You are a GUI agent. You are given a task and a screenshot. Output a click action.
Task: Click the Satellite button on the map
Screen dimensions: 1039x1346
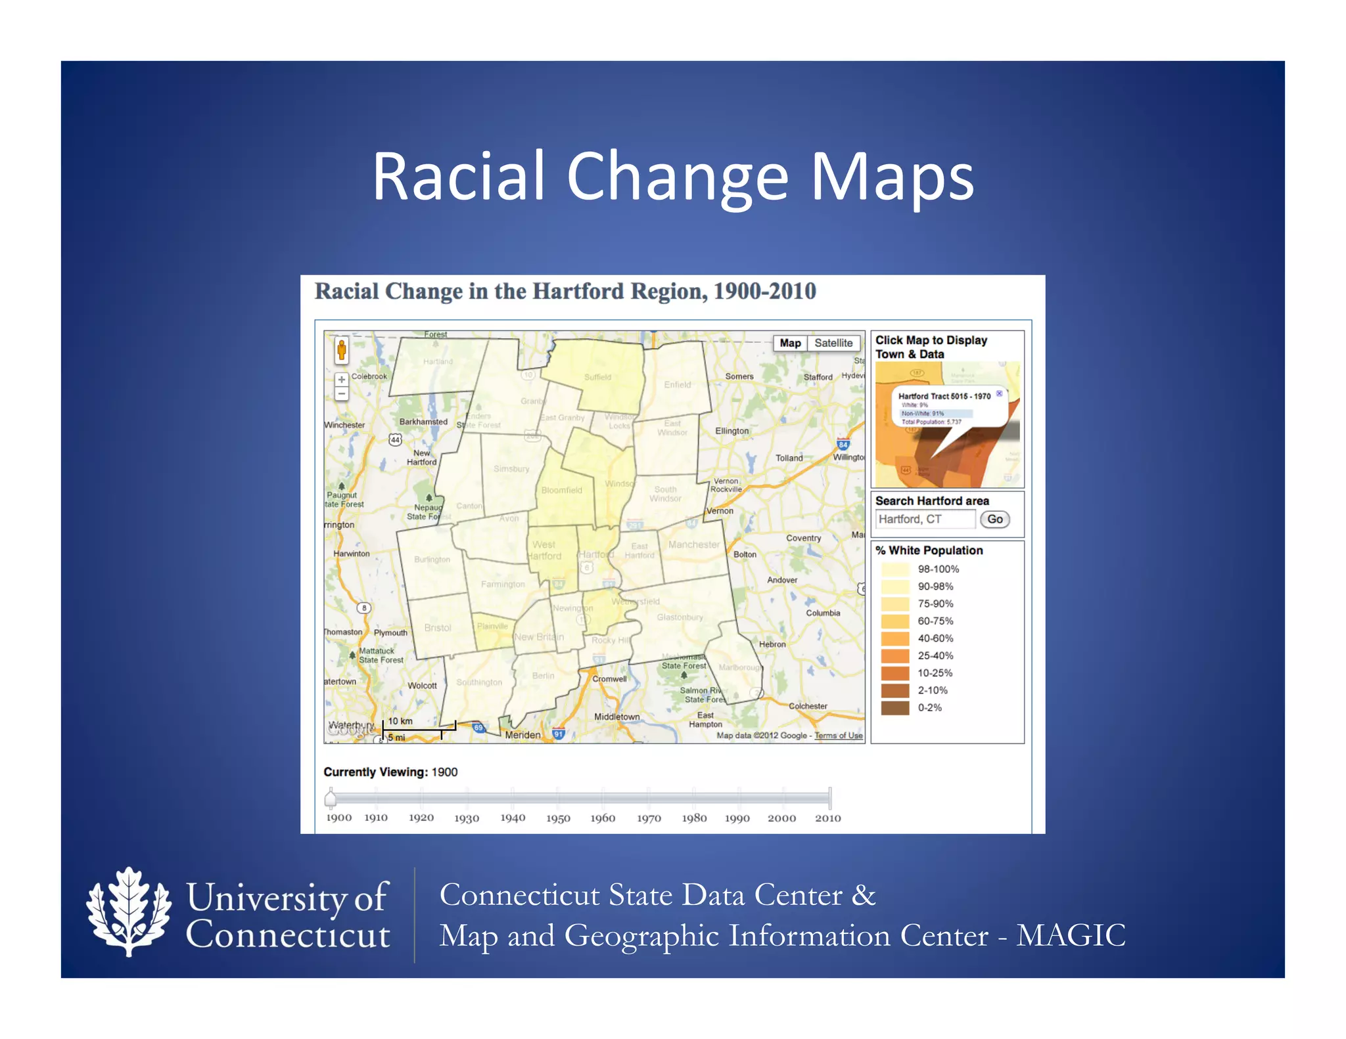(833, 343)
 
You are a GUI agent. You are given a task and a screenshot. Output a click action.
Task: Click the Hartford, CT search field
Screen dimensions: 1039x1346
(925, 519)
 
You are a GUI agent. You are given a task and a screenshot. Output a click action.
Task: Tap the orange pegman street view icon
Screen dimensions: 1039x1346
(341, 351)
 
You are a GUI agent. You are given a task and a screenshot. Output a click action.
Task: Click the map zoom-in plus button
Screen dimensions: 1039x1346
(341, 380)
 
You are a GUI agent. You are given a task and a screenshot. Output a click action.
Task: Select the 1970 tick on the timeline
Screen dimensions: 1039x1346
(649, 818)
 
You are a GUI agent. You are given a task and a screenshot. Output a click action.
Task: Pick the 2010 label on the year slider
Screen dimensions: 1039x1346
(827, 818)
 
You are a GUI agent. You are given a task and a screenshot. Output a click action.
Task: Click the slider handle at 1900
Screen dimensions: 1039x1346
(331, 798)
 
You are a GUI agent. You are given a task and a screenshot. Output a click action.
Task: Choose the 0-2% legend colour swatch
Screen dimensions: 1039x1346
(894, 707)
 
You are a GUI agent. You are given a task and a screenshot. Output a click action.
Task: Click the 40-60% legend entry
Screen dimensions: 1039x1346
(935, 638)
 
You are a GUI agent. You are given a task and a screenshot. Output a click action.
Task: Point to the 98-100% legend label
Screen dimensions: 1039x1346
(938, 569)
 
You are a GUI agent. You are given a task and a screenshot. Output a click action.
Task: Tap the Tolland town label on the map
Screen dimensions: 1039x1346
(789, 458)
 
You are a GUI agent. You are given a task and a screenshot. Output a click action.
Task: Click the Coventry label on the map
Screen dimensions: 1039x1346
(803, 538)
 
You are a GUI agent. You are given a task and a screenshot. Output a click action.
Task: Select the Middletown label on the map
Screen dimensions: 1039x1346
(616, 717)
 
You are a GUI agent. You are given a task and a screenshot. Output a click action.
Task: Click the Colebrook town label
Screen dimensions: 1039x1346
(369, 376)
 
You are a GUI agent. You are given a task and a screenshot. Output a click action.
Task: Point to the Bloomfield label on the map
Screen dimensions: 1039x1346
(561, 490)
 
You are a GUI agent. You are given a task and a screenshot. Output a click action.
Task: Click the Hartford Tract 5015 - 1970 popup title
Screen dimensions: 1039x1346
(944, 396)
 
